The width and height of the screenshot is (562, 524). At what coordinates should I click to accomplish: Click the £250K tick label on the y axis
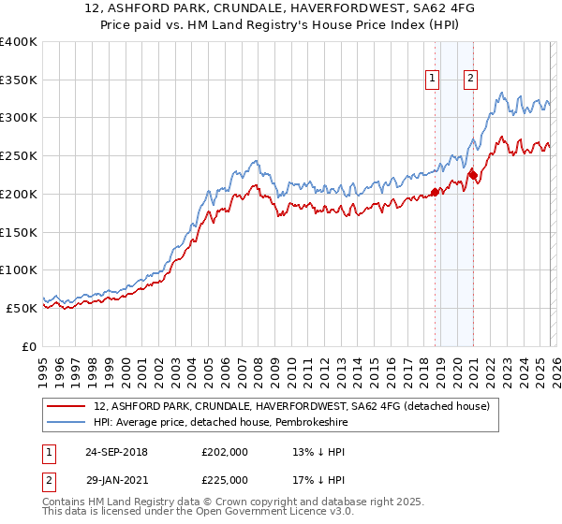tap(19, 156)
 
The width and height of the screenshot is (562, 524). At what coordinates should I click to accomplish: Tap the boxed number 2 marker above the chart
tap(470, 80)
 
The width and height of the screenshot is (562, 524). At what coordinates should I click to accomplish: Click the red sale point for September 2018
tap(435, 193)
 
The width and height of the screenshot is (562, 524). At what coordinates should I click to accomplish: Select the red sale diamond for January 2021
tap(474, 174)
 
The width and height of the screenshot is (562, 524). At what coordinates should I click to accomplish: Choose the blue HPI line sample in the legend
tap(67, 422)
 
